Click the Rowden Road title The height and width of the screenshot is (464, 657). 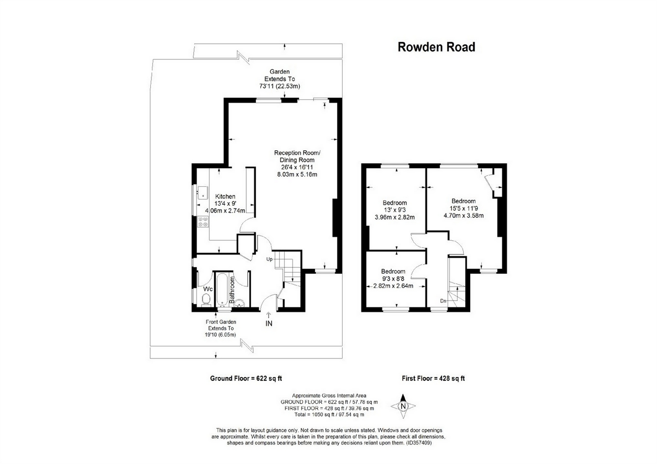coord(436,47)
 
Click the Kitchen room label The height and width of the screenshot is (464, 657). coord(225,196)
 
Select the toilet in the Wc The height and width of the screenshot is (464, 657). coord(206,299)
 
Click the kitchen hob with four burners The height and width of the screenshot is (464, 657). coord(202,222)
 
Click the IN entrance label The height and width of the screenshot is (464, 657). coord(269,323)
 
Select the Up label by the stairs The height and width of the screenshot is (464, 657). coord(269,259)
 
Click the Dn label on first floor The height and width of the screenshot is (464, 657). coord(443,301)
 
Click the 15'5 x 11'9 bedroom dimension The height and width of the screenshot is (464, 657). coord(463,208)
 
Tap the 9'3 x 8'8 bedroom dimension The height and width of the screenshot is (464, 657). coord(393,279)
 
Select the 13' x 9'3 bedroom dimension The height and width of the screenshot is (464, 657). coord(394,210)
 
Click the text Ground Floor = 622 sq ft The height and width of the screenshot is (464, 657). coord(246,378)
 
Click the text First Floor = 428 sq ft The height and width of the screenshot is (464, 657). coord(433,378)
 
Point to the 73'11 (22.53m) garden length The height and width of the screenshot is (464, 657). coord(279,86)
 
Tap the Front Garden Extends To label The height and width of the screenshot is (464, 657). coord(221,325)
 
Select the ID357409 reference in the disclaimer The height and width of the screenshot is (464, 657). coord(419,443)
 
